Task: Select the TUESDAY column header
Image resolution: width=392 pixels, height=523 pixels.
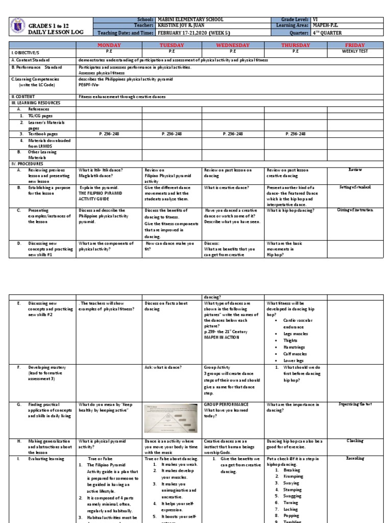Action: [x=171, y=45]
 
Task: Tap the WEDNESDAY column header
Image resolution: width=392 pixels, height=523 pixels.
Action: [x=233, y=45]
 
